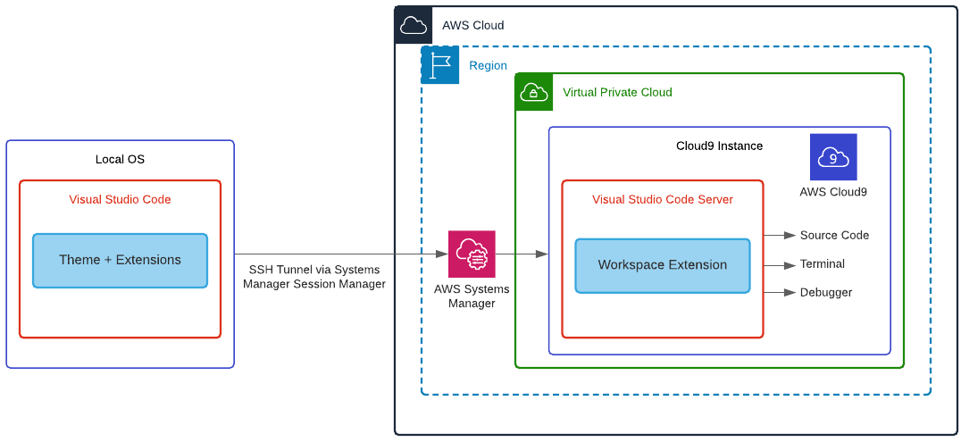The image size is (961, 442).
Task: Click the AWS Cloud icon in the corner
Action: (414, 25)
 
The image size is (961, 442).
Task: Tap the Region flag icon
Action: (440, 65)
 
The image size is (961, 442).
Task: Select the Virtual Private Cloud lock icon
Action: (534, 92)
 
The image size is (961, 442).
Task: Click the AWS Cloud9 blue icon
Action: (833, 157)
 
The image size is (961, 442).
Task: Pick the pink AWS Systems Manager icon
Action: (472, 254)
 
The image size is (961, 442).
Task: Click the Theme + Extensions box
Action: (120, 261)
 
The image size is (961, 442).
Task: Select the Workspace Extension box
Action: (662, 265)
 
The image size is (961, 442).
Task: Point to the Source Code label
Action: (834, 236)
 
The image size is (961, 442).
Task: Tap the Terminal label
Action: (822, 264)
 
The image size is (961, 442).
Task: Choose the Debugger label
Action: (825, 293)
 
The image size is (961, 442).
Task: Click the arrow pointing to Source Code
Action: (780, 236)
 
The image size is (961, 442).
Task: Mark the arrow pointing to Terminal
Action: (780, 265)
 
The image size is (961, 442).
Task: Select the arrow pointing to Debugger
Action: (780, 292)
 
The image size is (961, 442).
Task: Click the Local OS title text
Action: (120, 160)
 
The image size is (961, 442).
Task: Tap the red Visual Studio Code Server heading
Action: (662, 200)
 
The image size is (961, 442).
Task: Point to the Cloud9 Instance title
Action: (719, 146)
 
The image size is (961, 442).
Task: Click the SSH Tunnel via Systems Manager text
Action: (314, 277)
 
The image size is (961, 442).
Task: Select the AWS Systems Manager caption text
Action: (472, 296)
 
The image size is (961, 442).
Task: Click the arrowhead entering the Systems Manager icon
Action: (442, 254)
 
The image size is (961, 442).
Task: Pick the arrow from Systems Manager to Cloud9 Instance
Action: (522, 254)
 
